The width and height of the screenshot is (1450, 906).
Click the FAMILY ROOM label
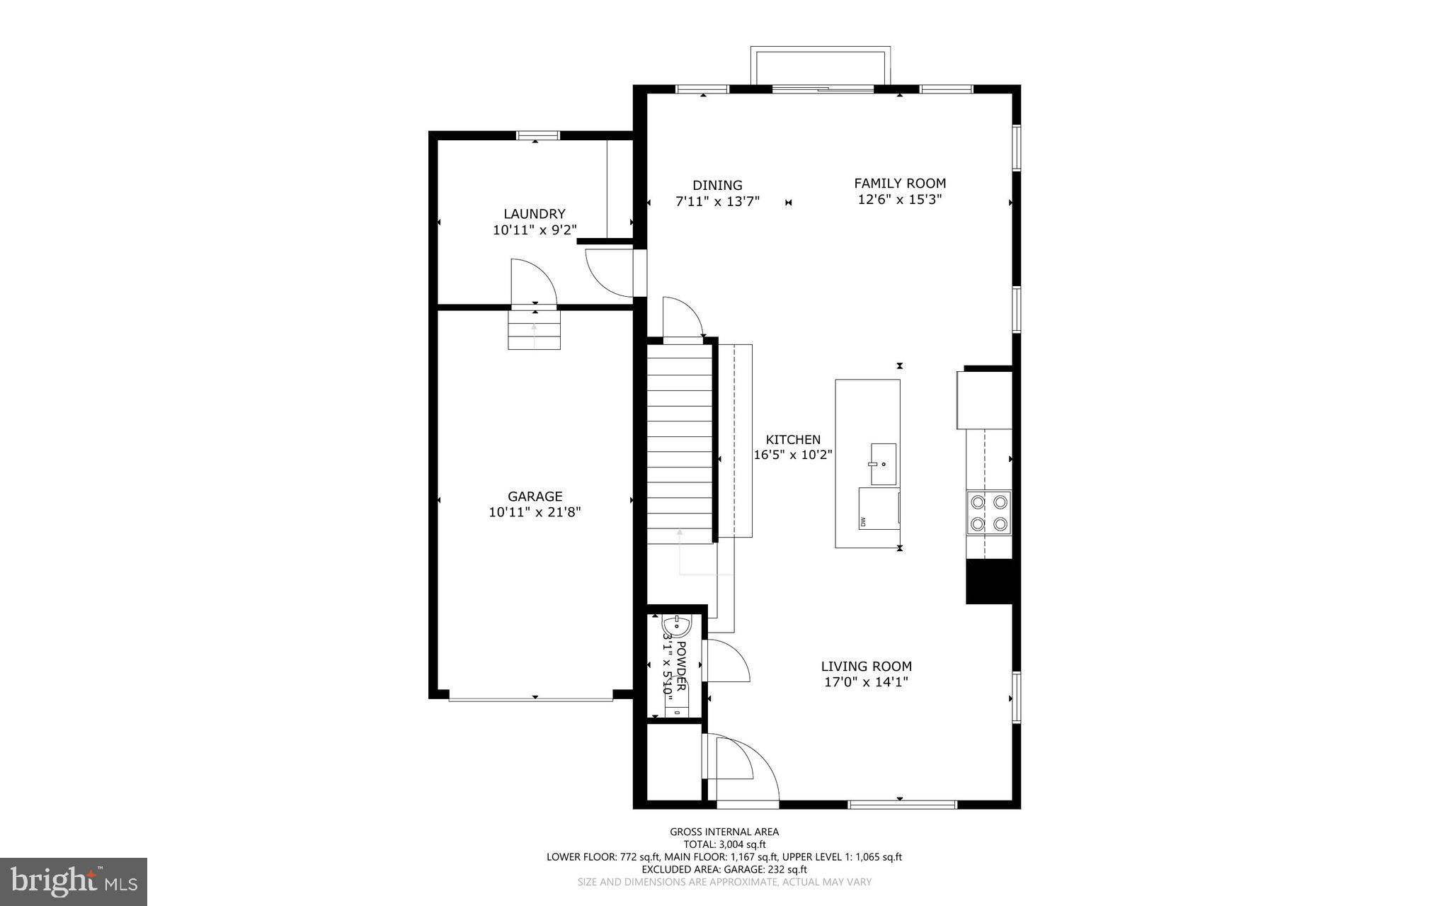[x=899, y=183]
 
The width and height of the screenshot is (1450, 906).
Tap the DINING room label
[x=717, y=186]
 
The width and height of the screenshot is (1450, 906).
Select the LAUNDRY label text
[x=534, y=214]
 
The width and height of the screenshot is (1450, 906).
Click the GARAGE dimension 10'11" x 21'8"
[x=535, y=512]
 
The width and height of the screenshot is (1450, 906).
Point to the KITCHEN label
[x=792, y=440]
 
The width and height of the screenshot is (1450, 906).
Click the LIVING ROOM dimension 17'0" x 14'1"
[x=866, y=682]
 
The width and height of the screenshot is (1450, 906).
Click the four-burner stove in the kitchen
[x=988, y=514]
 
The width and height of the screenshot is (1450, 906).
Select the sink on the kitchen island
[x=883, y=464]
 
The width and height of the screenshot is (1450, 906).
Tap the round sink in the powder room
[x=676, y=627]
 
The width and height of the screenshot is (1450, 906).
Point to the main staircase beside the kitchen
[x=680, y=446]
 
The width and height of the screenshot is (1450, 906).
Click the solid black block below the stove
[x=989, y=582]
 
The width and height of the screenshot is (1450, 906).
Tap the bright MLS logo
[x=74, y=881]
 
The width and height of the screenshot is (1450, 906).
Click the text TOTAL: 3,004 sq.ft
[x=724, y=844]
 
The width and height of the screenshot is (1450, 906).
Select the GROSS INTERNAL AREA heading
[x=724, y=832]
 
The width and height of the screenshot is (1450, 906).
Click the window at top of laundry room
[x=537, y=135]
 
